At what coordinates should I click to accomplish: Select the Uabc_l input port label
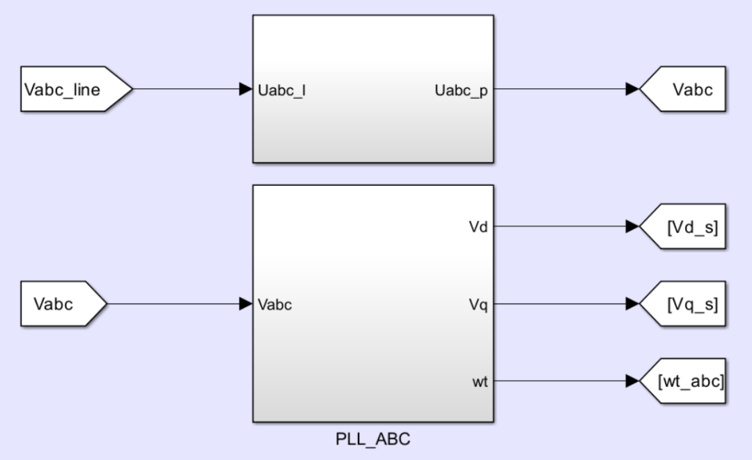[x=281, y=90]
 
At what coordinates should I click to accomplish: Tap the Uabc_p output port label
[x=461, y=90]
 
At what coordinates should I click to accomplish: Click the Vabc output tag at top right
[x=686, y=89]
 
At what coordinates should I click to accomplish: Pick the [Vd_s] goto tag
[x=686, y=226]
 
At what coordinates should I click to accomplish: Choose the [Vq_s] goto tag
[x=686, y=304]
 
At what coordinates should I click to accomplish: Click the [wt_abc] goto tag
[x=686, y=381]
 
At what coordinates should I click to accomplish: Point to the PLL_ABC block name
[x=373, y=440]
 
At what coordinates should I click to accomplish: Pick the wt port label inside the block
[x=480, y=381]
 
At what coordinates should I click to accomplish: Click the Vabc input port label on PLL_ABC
[x=275, y=304]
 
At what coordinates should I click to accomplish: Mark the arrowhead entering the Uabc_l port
[x=245, y=89]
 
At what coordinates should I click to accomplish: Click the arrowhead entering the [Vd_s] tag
[x=632, y=226]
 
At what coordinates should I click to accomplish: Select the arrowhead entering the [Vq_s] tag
[x=632, y=304]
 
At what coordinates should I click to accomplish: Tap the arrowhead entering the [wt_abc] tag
[x=632, y=381]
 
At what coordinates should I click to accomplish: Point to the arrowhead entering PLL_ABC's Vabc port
[x=245, y=304]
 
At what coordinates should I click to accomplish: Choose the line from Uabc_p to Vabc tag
[x=557, y=89]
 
